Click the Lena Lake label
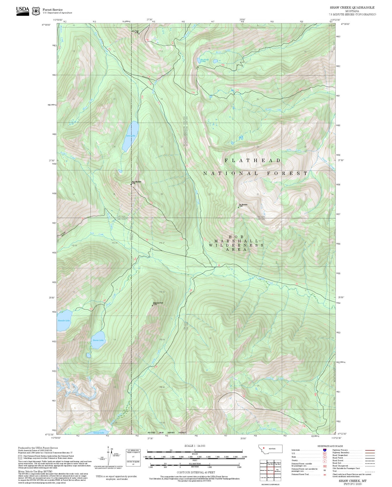point(131,135)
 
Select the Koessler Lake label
point(64,321)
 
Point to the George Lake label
point(98,433)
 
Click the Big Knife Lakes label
point(203,61)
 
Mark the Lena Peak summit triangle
point(139,34)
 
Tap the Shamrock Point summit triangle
point(152,305)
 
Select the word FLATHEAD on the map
point(253,160)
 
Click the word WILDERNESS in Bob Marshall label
point(236,245)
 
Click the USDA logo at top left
point(23,11)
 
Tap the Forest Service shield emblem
point(36,11)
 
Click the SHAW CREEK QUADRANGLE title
point(352,8)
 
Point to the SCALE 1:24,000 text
point(195,446)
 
